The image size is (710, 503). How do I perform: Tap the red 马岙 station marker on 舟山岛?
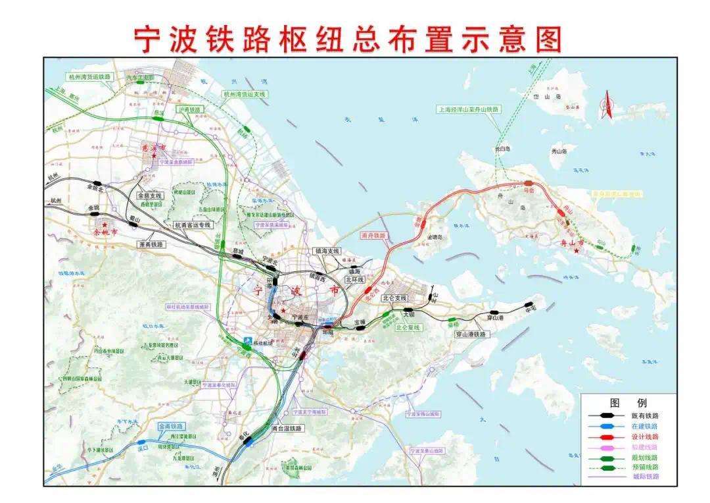529,184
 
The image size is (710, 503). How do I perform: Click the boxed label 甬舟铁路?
374,235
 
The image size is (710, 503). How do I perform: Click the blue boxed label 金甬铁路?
171,427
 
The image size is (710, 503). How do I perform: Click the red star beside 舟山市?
577,252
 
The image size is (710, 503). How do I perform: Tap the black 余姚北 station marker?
97,184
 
